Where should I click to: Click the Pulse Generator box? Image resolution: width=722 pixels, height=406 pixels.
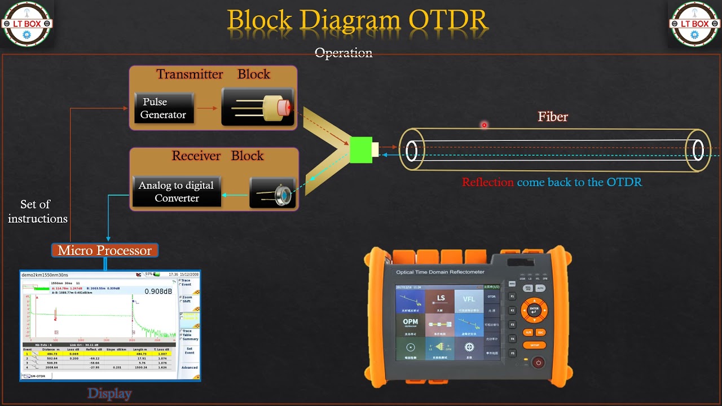click(x=164, y=108)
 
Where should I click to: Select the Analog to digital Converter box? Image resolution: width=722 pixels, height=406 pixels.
click(x=176, y=192)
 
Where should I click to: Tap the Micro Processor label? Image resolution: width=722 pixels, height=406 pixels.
click(x=104, y=250)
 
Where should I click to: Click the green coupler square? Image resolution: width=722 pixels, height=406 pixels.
click(x=360, y=150)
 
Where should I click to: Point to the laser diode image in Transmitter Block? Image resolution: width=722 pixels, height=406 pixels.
click(x=258, y=107)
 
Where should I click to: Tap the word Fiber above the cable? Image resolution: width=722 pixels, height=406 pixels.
click(x=552, y=117)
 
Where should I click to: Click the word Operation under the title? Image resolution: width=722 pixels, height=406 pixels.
click(x=343, y=53)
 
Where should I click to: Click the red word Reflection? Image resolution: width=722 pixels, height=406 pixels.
click(x=487, y=182)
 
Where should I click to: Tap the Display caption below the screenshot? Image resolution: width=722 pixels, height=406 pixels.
click(x=109, y=394)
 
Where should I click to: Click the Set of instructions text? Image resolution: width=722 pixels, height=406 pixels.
click(x=37, y=211)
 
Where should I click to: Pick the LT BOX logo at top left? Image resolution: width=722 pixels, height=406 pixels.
click(x=27, y=24)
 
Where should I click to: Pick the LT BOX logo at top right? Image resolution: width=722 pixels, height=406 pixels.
click(x=694, y=24)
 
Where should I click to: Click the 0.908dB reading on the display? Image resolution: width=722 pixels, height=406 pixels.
click(x=158, y=292)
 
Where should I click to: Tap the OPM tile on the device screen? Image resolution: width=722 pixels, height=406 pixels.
click(x=410, y=325)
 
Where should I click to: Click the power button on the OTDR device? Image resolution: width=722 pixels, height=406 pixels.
click(x=538, y=363)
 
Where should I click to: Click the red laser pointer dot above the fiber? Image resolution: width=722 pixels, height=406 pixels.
click(x=484, y=125)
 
